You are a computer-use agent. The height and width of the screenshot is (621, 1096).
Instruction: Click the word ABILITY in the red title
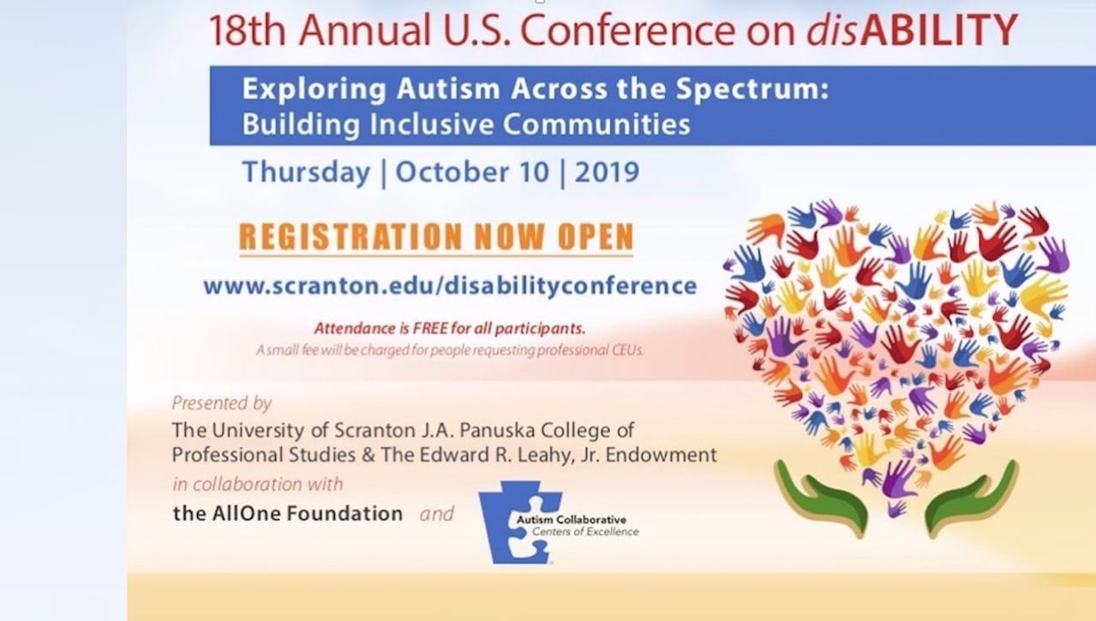point(939,30)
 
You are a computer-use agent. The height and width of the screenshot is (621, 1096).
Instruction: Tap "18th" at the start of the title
point(247,30)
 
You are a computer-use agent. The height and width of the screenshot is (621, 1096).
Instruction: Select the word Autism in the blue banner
point(448,89)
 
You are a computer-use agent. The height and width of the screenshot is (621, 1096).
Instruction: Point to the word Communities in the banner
point(596,124)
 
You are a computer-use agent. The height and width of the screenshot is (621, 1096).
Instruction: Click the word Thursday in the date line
point(306,173)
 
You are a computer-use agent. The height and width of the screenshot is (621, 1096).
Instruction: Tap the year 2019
point(607,172)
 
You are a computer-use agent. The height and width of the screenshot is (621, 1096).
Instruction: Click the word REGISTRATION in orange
point(350,236)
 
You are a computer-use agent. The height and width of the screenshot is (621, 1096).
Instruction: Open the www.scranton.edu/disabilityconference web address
point(450,286)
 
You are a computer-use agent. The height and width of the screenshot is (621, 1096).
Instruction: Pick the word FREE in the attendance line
point(429,328)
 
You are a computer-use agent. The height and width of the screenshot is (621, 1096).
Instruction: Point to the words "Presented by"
point(222,403)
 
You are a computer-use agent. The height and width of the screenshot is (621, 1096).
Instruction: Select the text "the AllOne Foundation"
point(288,513)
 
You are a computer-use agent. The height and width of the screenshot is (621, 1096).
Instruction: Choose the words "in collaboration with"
point(257,484)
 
